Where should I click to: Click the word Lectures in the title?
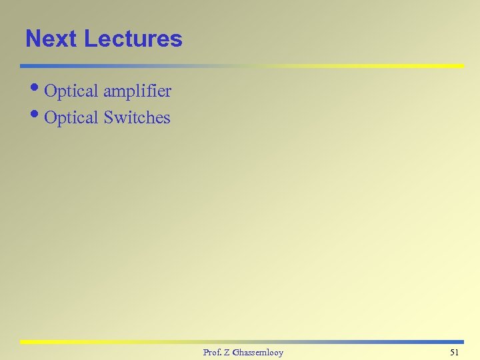pos(133,39)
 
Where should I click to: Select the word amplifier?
pos(137,91)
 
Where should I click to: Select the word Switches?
pos(137,118)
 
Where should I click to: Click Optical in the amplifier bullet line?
pos(71,91)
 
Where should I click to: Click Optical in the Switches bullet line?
pos(71,118)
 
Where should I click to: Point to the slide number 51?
pos(455,352)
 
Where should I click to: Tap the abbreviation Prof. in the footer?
pos(213,352)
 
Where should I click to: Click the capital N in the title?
pos(33,39)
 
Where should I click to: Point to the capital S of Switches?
pos(108,118)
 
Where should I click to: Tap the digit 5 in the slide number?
pos(453,352)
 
